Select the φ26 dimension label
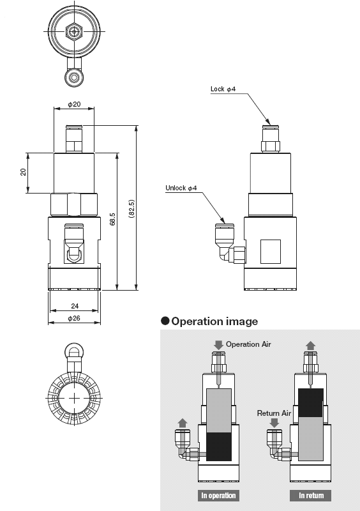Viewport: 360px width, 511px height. (73, 319)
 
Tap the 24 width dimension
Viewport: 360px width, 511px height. (73, 305)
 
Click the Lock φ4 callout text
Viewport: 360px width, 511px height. (223, 89)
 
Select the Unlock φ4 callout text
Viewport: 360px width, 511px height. (181, 188)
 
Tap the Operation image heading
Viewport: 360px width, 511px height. (214, 321)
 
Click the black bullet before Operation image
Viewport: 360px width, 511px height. (165, 321)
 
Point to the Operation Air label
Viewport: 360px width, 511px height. (248, 344)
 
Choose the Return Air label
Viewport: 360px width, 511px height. (274, 413)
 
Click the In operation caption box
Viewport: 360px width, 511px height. (219, 495)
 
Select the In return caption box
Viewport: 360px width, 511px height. (311, 495)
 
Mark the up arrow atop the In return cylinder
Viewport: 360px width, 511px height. (311, 345)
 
